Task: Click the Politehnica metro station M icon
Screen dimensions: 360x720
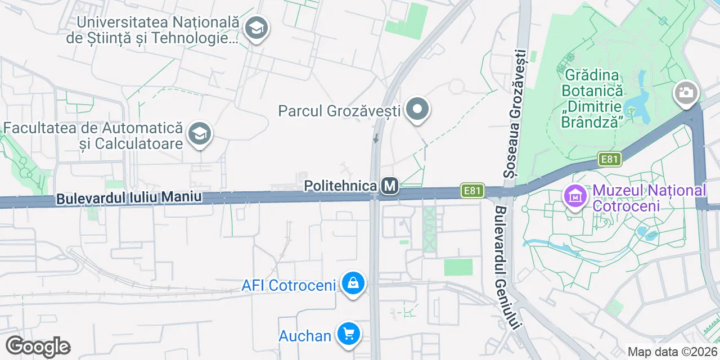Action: [389, 186]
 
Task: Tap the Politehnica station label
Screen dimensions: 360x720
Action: [340, 186]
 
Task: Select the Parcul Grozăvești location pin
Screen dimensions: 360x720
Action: [417, 110]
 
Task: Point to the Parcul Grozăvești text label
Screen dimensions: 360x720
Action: [339, 110]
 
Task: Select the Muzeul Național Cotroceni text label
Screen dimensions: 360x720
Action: [649, 197]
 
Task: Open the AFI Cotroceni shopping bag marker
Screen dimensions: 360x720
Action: [353, 284]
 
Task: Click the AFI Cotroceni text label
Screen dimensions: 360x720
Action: [289, 285]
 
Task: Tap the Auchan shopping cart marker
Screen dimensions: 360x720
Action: [349, 335]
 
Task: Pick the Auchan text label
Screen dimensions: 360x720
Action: [305, 336]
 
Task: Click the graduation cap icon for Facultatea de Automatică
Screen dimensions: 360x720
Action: [199, 134]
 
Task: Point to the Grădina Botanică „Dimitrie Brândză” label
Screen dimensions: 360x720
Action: [592, 98]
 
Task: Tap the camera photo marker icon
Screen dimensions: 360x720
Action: [686, 92]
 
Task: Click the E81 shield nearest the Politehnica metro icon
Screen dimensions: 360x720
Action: [472, 191]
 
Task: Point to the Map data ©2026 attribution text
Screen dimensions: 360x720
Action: [672, 352]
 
